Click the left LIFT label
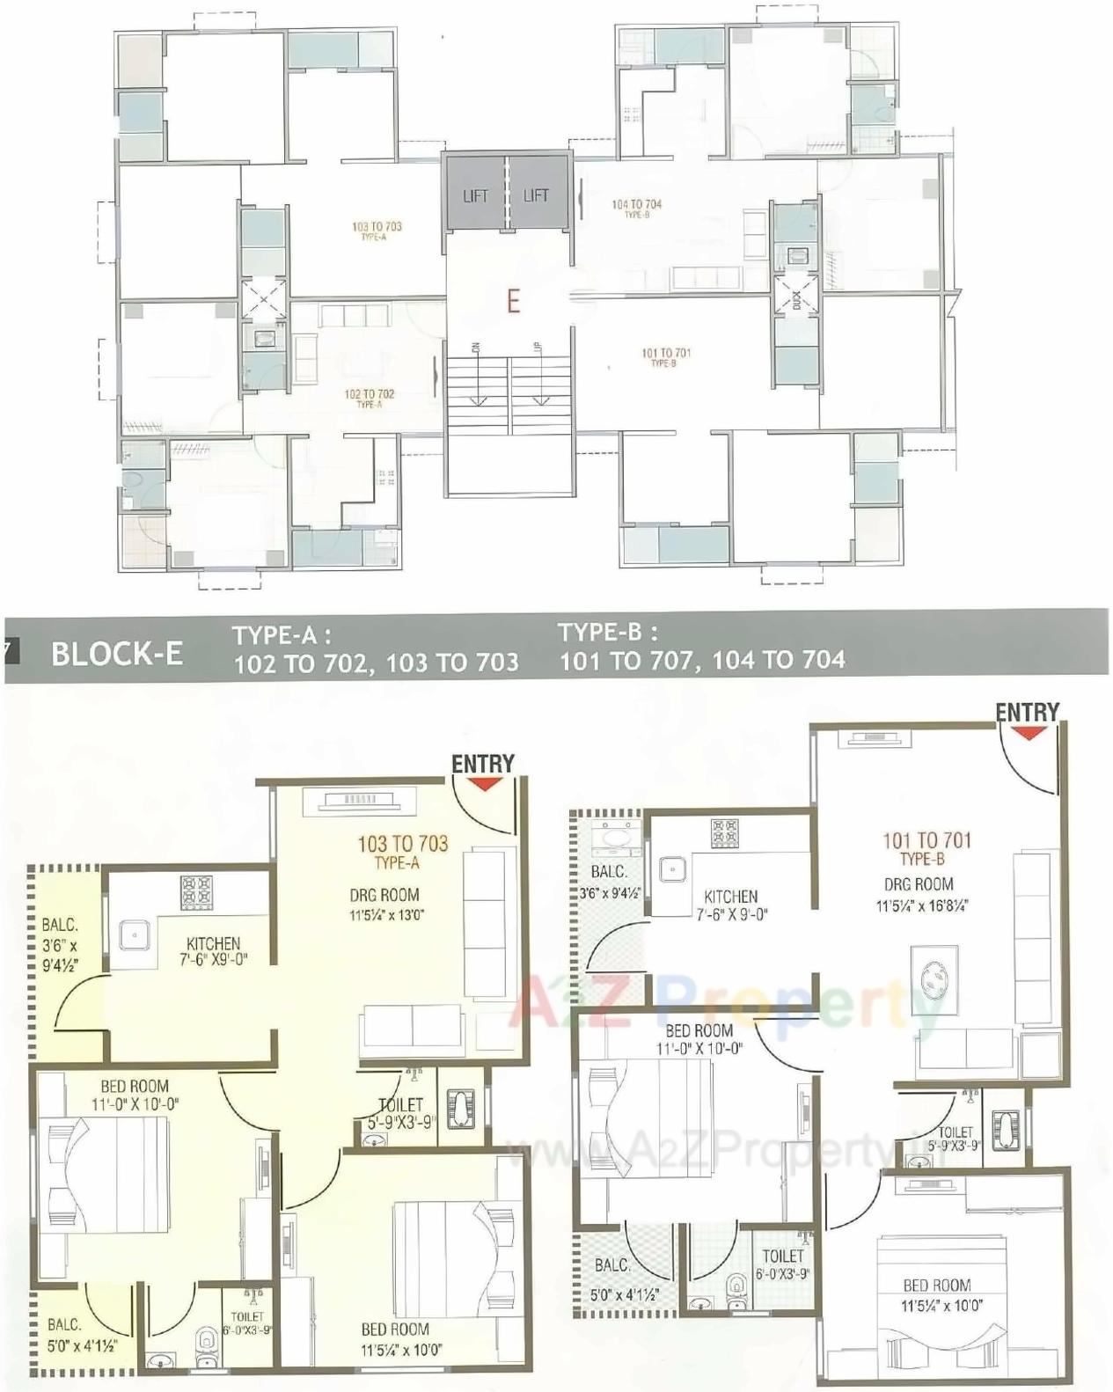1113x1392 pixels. (x=475, y=195)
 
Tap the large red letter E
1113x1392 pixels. (x=513, y=301)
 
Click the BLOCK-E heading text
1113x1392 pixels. (x=117, y=654)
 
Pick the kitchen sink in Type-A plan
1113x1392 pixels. (x=134, y=933)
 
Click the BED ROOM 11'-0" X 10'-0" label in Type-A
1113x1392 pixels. (x=135, y=1095)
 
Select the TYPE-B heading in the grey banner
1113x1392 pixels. (x=607, y=633)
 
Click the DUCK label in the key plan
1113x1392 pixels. (x=797, y=299)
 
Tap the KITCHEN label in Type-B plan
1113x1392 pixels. (x=730, y=897)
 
